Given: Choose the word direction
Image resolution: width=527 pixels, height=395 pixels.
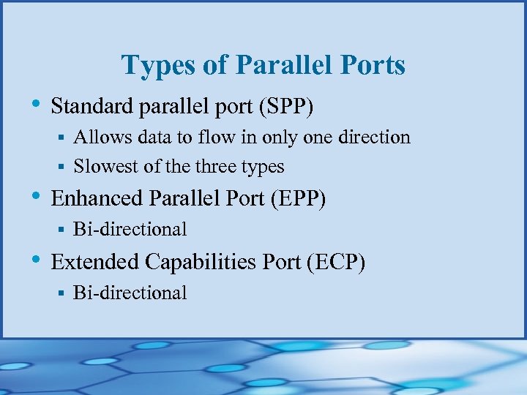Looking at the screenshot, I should pyautogui.click(x=374, y=138).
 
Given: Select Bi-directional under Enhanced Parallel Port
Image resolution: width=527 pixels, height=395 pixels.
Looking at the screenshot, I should pyautogui.click(x=130, y=230).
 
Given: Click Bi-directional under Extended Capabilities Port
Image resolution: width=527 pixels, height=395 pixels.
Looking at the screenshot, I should pyautogui.click(x=130, y=293).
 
